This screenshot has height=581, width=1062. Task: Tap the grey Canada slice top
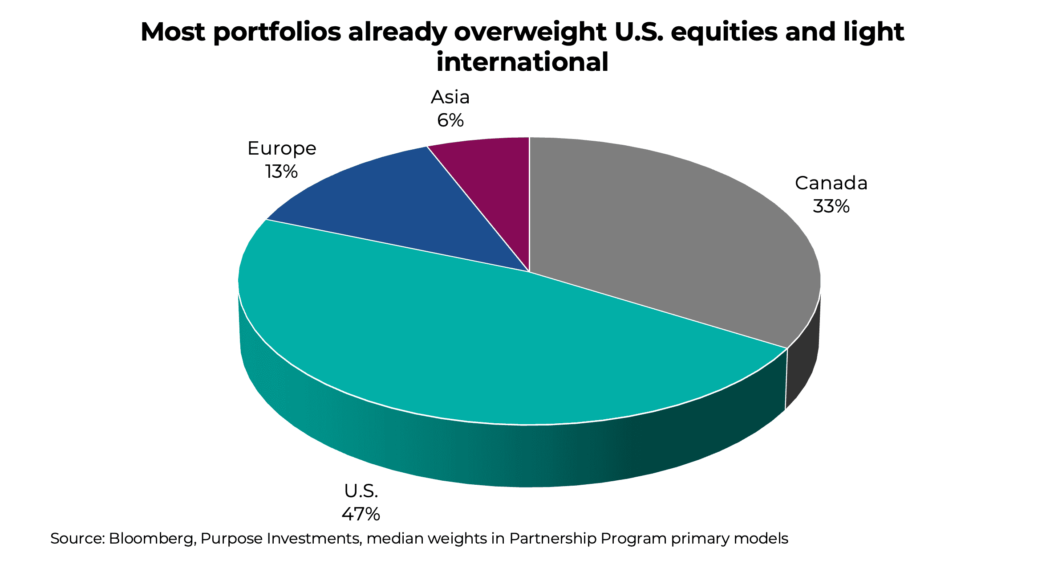click(668, 232)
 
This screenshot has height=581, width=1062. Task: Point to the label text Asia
click(450, 97)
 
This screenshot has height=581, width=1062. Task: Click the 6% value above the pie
click(450, 120)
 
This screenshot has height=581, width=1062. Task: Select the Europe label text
click(281, 148)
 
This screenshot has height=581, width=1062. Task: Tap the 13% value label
click(281, 172)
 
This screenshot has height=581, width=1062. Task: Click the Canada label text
click(831, 183)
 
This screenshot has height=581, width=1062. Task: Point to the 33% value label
click(831, 206)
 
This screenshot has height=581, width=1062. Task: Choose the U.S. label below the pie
click(361, 491)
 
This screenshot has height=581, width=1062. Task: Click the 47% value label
click(361, 514)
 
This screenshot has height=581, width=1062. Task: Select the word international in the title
click(522, 62)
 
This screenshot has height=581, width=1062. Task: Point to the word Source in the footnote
click(77, 539)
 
